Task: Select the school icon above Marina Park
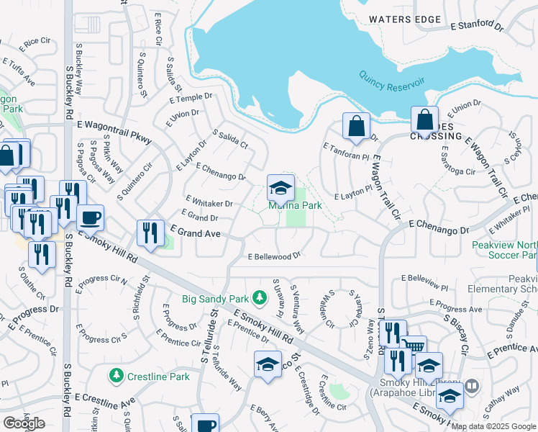281,189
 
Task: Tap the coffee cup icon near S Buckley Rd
90,217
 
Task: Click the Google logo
24,423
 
